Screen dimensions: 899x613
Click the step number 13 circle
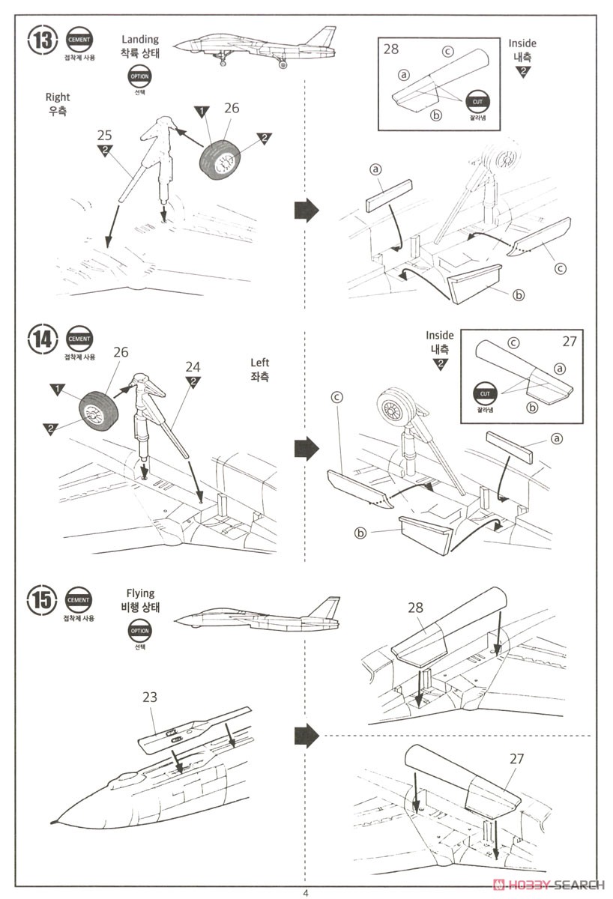[43, 40]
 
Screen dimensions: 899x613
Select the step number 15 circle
[43, 599]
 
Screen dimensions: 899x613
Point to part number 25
[105, 135]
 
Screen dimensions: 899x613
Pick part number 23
[149, 696]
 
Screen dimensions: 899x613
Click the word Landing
[141, 39]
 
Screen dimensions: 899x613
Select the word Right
[58, 97]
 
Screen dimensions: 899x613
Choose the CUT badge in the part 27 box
[483, 391]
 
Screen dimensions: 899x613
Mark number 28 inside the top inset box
[391, 49]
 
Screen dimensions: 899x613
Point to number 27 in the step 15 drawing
[516, 758]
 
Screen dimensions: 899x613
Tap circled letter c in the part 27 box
[513, 343]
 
